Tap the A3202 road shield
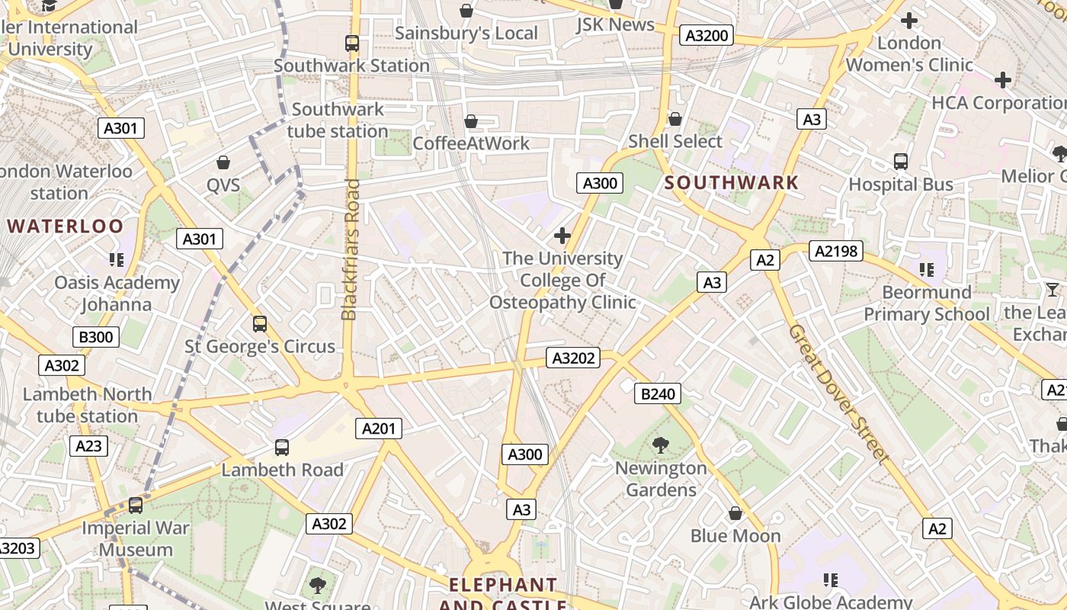coord(573,358)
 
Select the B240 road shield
coord(657,393)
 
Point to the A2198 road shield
coord(835,251)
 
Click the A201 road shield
coord(379,429)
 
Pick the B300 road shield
coord(96,337)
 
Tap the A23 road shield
coord(88,446)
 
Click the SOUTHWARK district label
coord(732,182)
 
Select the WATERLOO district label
coord(65,226)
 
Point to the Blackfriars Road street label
coord(350,249)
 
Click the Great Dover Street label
coord(838,394)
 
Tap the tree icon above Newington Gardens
coord(661,445)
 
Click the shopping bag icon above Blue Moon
coord(735,513)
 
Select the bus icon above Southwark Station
coord(352,43)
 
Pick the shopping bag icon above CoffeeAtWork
coord(471,121)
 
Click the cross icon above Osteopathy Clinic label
coord(562,236)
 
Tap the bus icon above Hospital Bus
coord(901,162)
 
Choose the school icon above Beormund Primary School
coord(927,269)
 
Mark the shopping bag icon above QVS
coord(223,162)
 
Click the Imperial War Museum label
coord(136,538)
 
